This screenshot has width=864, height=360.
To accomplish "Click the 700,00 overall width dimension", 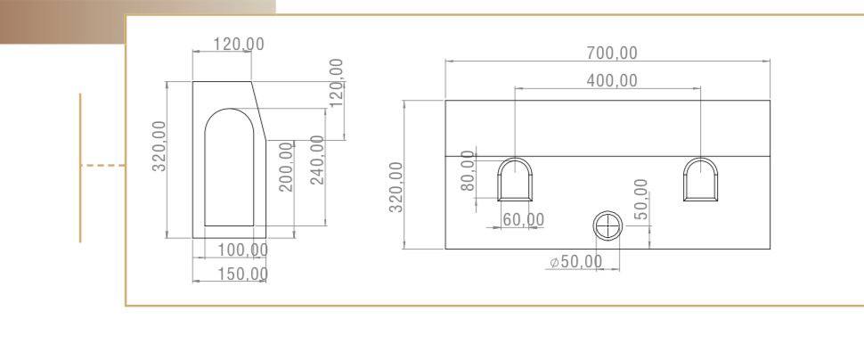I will coord(611,53).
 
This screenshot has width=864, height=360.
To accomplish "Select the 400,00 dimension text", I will coord(611,80).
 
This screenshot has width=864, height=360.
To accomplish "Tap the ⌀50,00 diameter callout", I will coord(575,262).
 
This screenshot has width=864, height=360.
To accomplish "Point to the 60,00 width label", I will coord(523,219).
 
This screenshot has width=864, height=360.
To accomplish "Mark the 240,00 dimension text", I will coord(317,160).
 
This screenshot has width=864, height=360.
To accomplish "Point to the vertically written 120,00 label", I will coord(337,82).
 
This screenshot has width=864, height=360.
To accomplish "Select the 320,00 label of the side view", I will coord(160,148).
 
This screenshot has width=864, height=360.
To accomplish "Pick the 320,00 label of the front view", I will coord(397,187).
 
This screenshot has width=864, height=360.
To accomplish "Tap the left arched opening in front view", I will coord(515,180).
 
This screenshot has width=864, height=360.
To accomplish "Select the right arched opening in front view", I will coord(700,180).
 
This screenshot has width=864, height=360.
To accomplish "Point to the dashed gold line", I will coord(102,165).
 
